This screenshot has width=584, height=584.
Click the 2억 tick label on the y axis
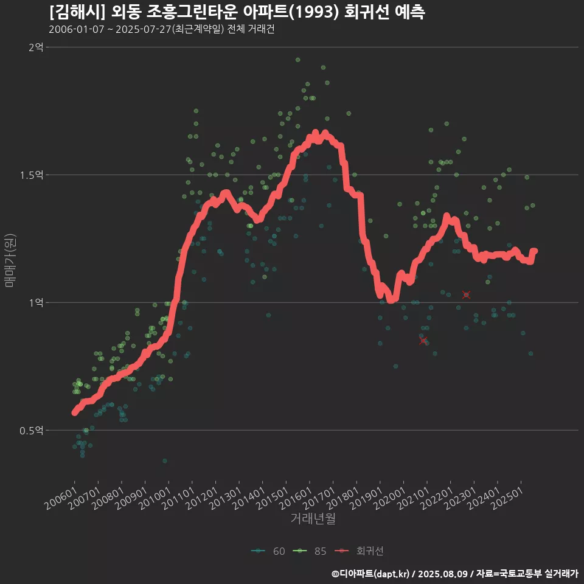[x=35, y=47]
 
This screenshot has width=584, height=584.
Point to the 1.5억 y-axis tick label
[x=32, y=175]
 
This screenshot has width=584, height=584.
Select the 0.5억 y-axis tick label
[x=32, y=430]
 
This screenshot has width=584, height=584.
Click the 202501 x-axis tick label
[x=509, y=497]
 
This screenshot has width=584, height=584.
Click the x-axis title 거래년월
[x=313, y=518]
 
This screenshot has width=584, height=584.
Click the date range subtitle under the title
[x=161, y=30]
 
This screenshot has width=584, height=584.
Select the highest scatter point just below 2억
[x=297, y=60]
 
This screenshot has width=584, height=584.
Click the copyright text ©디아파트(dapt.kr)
[x=370, y=573]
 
